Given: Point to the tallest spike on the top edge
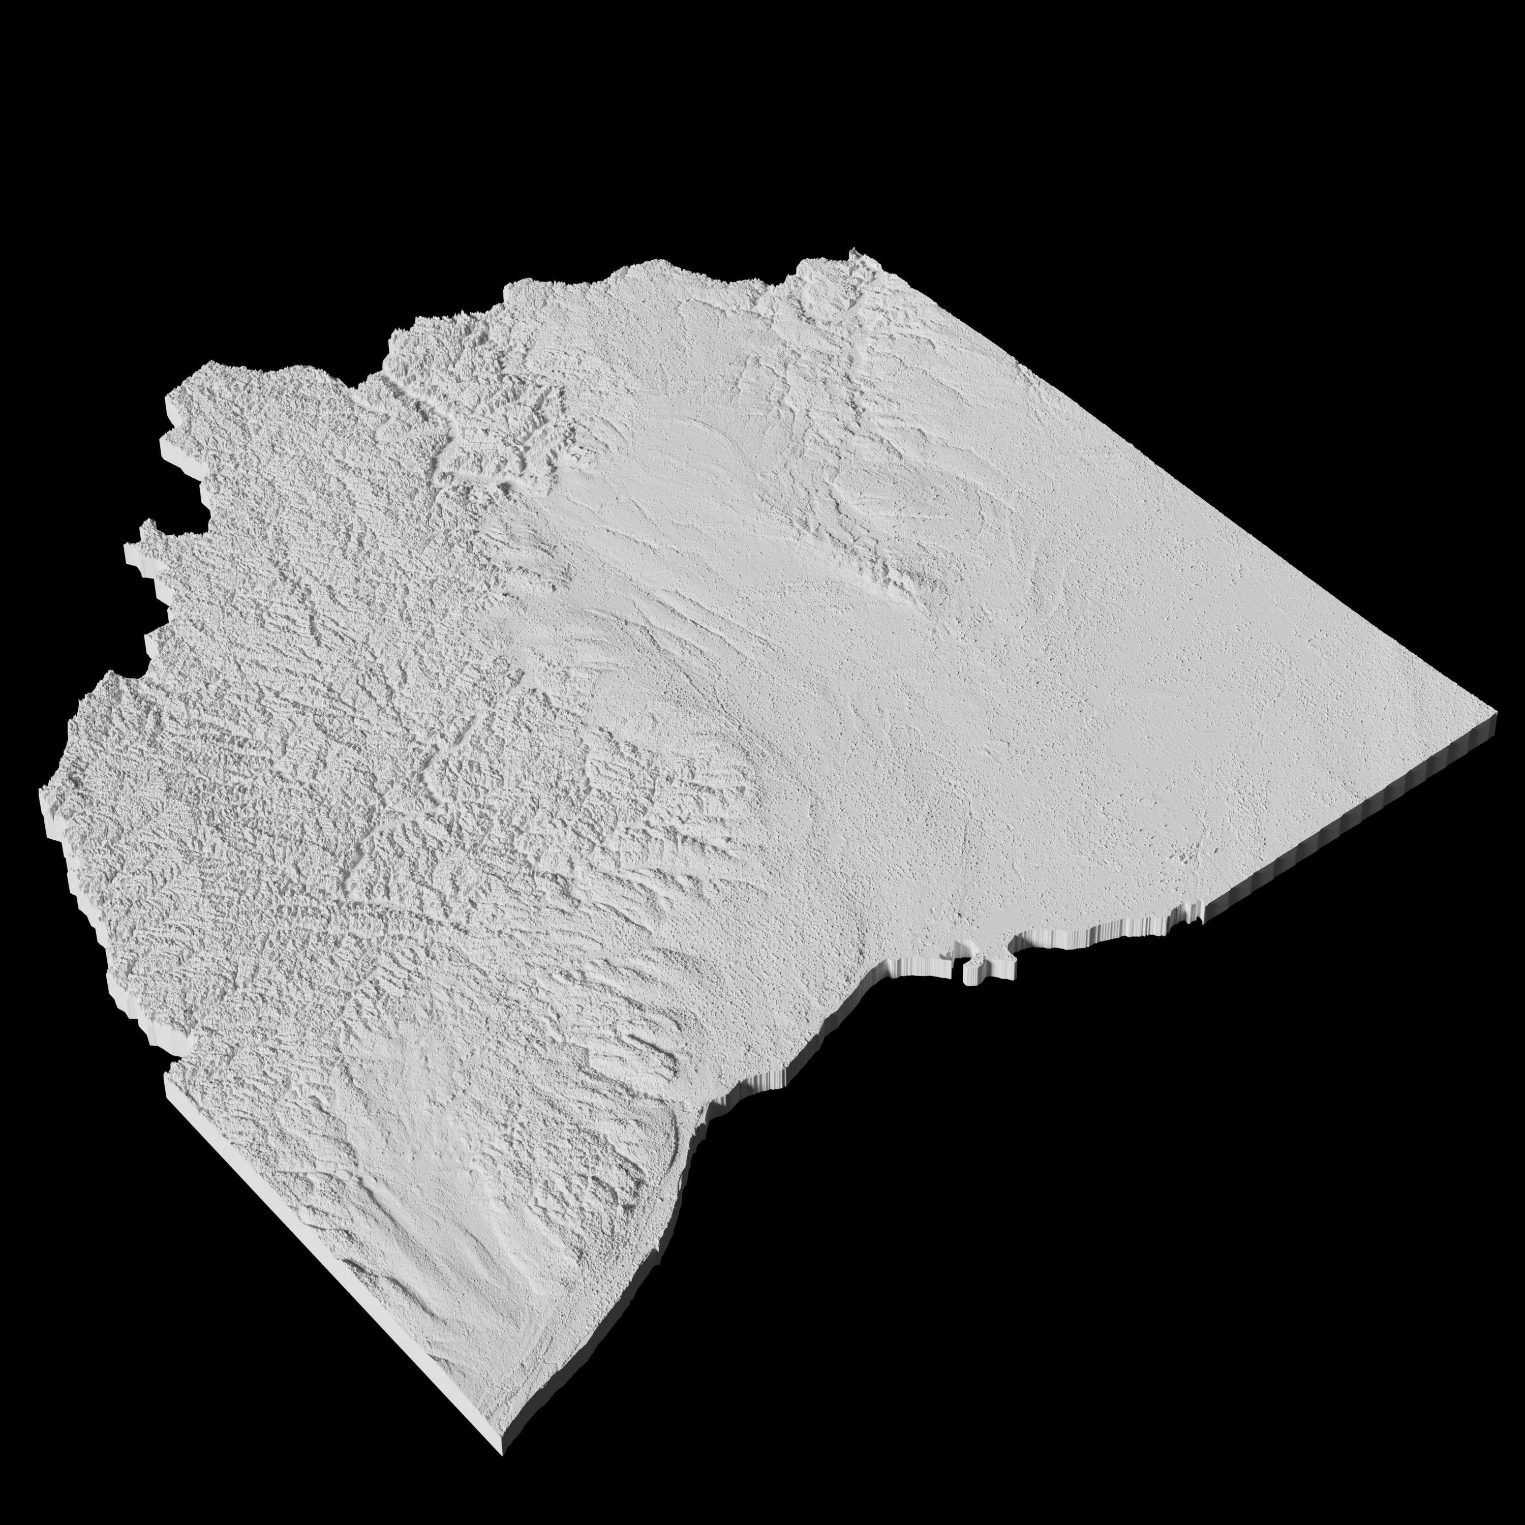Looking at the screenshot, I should pos(854,253).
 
